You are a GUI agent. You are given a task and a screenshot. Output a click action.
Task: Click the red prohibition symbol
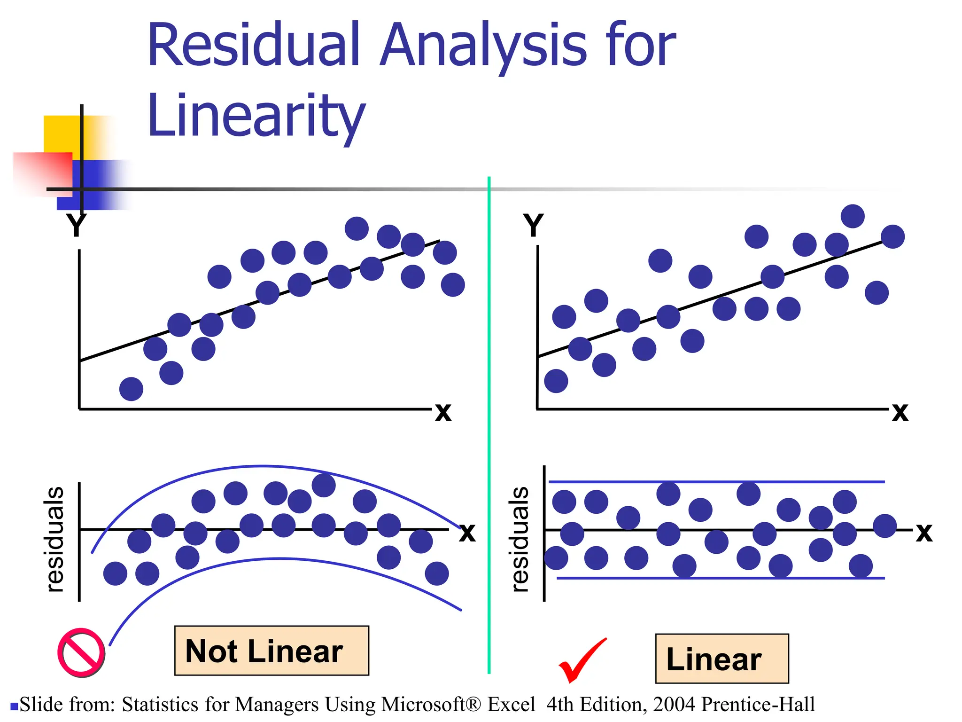click(81, 652)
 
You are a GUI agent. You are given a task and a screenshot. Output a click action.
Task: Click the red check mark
click(582, 660)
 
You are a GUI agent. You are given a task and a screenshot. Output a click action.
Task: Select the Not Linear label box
click(272, 651)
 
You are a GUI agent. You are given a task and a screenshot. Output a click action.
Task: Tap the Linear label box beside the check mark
click(721, 659)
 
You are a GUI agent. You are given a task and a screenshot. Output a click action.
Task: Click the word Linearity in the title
click(256, 116)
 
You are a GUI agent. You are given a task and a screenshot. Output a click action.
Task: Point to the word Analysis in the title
click(484, 46)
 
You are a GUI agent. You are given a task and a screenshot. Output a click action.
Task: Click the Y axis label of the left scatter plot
click(76, 225)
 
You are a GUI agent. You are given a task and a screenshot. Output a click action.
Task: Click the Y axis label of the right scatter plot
click(533, 225)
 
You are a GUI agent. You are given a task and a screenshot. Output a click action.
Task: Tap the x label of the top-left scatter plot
click(443, 412)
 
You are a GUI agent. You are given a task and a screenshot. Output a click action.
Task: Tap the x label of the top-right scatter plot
click(900, 412)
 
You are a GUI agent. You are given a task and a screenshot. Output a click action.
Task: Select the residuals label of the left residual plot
click(54, 540)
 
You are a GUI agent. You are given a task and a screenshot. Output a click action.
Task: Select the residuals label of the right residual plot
click(520, 540)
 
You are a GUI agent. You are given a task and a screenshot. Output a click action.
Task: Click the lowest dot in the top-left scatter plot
click(131, 389)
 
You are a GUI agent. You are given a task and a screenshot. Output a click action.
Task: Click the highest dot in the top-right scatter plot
click(853, 216)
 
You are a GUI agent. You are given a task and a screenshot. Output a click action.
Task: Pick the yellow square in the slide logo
click(61, 134)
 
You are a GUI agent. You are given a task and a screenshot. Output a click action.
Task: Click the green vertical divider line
click(489, 423)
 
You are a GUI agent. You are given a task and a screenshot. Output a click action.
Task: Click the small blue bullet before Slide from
click(14, 706)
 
